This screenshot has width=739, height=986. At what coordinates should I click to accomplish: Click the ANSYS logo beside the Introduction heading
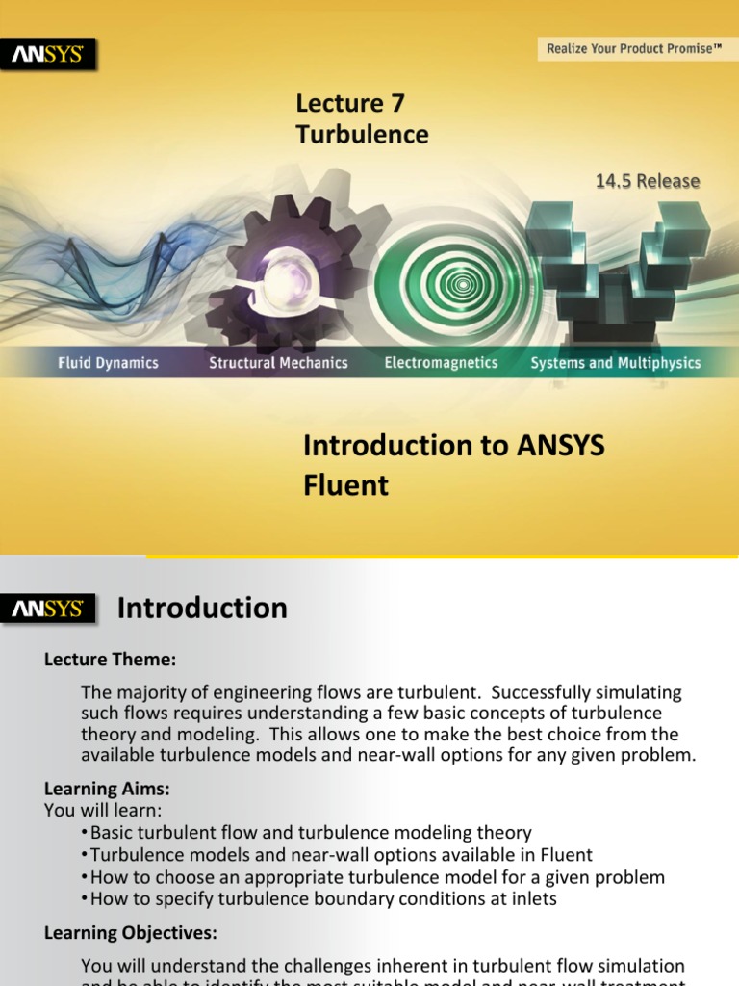pyautogui.click(x=47, y=610)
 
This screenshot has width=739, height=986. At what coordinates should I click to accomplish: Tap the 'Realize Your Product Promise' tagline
pyautogui.click(x=634, y=48)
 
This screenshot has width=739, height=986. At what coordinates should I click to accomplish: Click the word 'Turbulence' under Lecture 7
pyautogui.click(x=362, y=134)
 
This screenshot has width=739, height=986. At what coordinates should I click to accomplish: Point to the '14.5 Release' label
pyautogui.click(x=648, y=181)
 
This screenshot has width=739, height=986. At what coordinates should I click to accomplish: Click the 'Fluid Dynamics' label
pyautogui.click(x=107, y=363)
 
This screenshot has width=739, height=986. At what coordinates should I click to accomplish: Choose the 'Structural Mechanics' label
pyautogui.click(x=278, y=363)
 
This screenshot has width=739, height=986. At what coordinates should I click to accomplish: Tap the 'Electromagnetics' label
pyautogui.click(x=441, y=363)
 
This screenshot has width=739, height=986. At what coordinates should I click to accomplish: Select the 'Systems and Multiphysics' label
pyautogui.click(x=616, y=363)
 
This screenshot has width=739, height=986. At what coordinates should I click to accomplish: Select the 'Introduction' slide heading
pyautogui.click(x=202, y=609)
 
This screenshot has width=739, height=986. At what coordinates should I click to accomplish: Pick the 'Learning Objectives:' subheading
pyautogui.click(x=131, y=932)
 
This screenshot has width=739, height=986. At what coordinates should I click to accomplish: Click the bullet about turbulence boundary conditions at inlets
pyautogui.click(x=324, y=899)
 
